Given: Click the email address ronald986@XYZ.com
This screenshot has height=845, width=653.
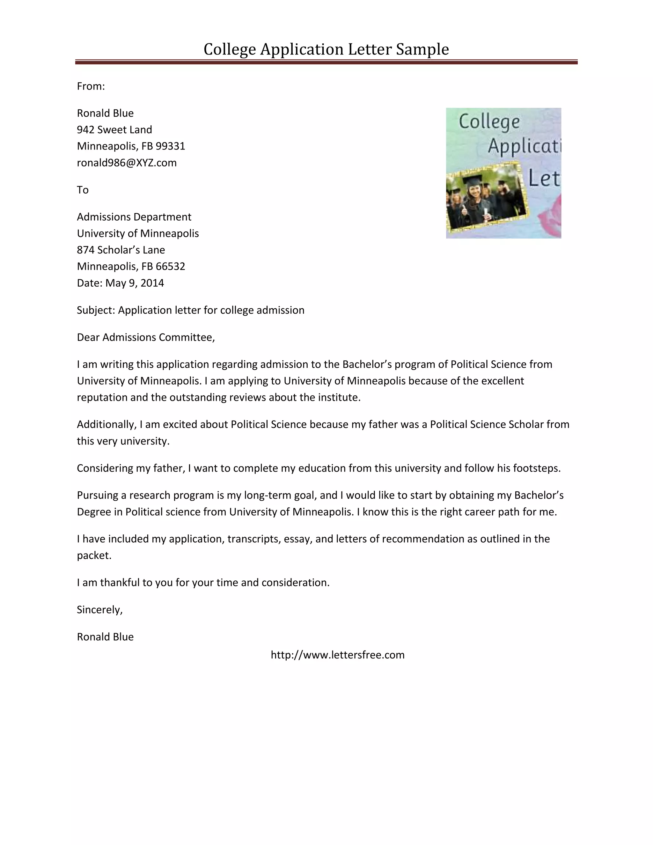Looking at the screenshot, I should click(x=127, y=163).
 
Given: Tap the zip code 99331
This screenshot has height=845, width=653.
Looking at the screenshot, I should click(x=170, y=146).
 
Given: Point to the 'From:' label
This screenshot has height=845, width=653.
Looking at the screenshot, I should click(x=91, y=86).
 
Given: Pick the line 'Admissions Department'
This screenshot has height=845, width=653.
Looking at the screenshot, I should click(x=134, y=217).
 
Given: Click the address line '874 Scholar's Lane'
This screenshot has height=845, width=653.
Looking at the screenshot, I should click(x=121, y=250).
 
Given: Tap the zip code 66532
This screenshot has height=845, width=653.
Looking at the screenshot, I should click(x=170, y=267).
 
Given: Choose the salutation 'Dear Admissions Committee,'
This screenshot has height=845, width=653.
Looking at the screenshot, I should click(x=145, y=337).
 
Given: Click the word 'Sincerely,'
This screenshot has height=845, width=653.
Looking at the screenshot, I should click(x=99, y=610).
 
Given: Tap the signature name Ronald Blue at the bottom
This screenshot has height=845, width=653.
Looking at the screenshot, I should click(x=105, y=637).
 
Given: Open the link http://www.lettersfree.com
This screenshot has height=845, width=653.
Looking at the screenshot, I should click(x=337, y=655).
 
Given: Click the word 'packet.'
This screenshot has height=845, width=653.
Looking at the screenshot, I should click(x=94, y=555).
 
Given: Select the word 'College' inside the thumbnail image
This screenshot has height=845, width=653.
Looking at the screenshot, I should click(x=489, y=122).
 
